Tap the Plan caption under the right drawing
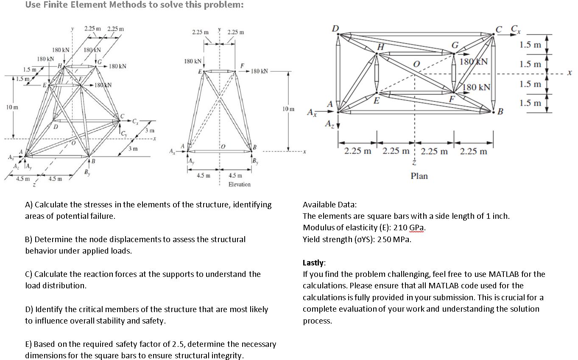click(419, 176)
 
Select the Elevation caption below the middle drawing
click(239, 184)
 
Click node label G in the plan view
click(455, 45)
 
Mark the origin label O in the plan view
click(416, 64)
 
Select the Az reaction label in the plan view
click(328, 124)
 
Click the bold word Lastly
click(314, 262)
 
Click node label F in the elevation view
click(242, 65)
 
